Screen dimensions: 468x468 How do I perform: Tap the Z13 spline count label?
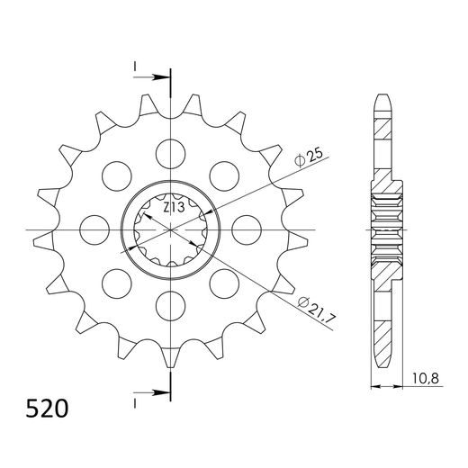point(175,208)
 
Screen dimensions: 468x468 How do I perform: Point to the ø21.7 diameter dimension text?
point(311,305)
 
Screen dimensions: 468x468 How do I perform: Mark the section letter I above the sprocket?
point(134,67)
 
